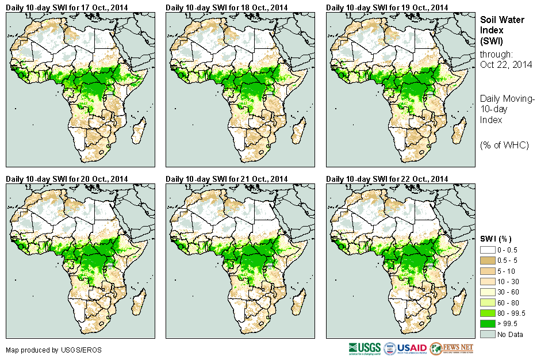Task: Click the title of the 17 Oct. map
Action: click(67, 7)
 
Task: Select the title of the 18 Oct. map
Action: click(227, 7)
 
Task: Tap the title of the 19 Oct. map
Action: click(387, 7)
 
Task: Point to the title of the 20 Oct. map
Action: click(67, 179)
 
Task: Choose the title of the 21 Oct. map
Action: click(227, 179)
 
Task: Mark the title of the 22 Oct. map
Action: click(387, 179)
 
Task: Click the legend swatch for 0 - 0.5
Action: click(487, 250)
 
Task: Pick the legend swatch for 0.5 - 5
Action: click(487, 261)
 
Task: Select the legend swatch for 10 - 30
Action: click(487, 282)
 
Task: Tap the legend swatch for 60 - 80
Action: click(487, 302)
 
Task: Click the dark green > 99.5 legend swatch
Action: click(487, 324)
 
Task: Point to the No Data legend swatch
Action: click(487, 335)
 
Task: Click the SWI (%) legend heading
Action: click(496, 239)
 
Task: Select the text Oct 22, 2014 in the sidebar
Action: click(506, 64)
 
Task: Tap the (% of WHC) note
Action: click(504, 145)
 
